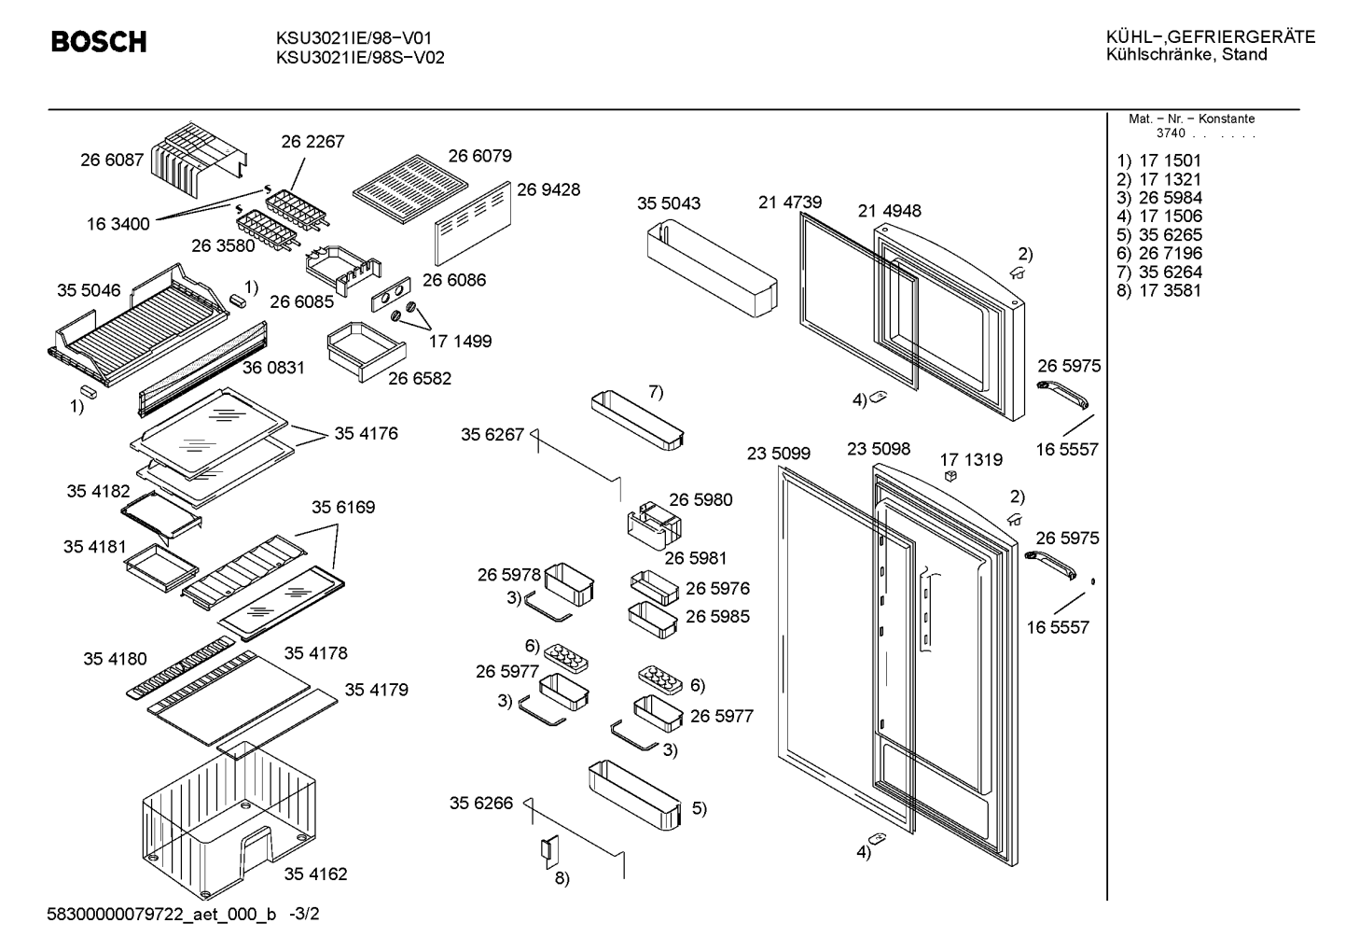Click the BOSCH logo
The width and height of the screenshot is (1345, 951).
[99, 42]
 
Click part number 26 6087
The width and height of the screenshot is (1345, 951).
[112, 160]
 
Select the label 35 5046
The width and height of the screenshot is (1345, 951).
[89, 290]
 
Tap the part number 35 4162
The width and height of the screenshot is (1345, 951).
[316, 874]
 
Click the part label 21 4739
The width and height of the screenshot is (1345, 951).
[790, 203]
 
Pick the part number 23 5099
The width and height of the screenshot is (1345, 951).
[779, 453]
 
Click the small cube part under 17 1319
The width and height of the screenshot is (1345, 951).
[950, 476]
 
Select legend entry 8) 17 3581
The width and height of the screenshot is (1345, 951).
[1158, 291]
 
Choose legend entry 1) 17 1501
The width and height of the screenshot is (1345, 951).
[1158, 161]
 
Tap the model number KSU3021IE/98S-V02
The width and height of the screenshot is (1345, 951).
[360, 58]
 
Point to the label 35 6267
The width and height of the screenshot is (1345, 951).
[492, 434]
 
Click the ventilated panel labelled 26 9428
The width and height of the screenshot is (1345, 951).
[473, 223]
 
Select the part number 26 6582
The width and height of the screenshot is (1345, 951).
[420, 379]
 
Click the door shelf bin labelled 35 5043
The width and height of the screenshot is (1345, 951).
[712, 268]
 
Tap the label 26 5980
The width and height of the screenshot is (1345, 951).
[700, 500]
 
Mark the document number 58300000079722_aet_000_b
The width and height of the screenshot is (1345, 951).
[161, 915]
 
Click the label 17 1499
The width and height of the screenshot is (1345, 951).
[460, 342]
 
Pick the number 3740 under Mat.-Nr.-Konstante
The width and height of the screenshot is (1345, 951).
[1171, 133]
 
